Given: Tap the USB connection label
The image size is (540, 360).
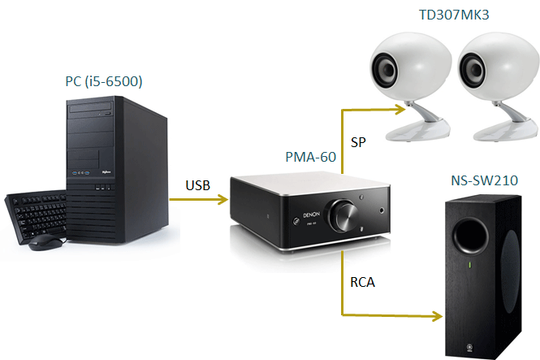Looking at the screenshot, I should [197, 185].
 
